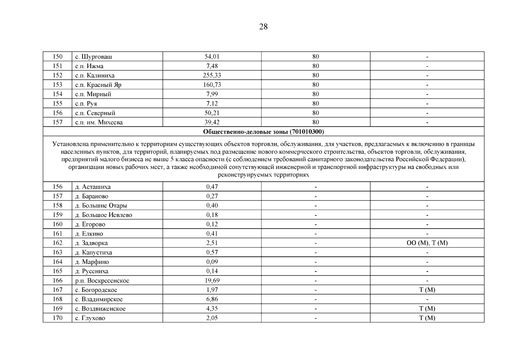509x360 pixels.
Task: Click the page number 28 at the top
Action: pyautogui.click(x=263, y=27)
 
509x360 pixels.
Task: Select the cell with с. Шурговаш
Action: pyautogui.click(x=94, y=57)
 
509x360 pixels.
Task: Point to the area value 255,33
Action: pyautogui.click(x=212, y=75)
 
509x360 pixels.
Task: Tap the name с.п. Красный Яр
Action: pyautogui.click(x=98, y=85)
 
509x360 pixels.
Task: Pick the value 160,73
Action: pyautogui.click(x=212, y=85)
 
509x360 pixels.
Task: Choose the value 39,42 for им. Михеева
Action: pyautogui.click(x=212, y=122)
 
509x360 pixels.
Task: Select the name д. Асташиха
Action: pyautogui.click(x=93, y=187)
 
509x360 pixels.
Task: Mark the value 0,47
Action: pyautogui.click(x=212, y=187)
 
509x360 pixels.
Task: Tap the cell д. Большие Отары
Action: pyautogui.click(x=101, y=205)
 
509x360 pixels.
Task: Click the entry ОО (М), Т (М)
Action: pyautogui.click(x=427, y=243)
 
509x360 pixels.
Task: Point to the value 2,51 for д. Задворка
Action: pyautogui.click(x=212, y=243)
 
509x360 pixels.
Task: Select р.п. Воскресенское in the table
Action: pyautogui.click(x=102, y=281)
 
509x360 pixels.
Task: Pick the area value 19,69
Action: pyautogui.click(x=212, y=280)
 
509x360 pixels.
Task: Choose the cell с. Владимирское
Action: pyautogui.click(x=99, y=299)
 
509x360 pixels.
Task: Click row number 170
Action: pyautogui.click(x=57, y=318)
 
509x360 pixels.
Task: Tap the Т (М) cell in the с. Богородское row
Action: pyautogui.click(x=427, y=290)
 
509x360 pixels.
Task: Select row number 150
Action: pyautogui.click(x=57, y=57)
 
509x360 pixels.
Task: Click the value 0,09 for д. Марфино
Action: pyautogui.click(x=212, y=262)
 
